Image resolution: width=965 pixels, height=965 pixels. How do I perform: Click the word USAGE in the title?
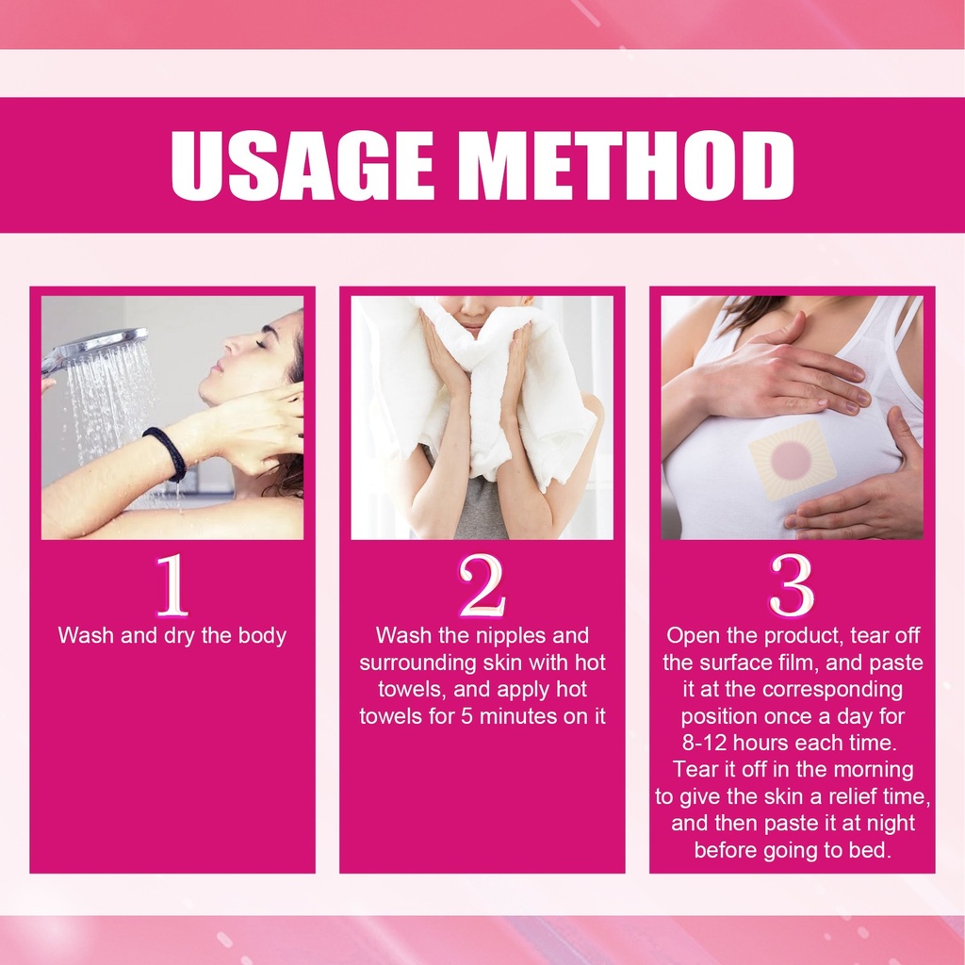[302, 166]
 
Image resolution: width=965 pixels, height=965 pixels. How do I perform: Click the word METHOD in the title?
[627, 166]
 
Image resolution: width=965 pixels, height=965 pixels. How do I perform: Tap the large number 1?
[172, 584]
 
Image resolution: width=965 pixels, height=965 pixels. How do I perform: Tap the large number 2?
[482, 584]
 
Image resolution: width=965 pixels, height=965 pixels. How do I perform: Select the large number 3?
[792, 584]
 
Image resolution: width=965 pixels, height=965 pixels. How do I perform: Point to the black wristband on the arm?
[165, 453]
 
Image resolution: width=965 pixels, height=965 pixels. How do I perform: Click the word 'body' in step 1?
[262, 636]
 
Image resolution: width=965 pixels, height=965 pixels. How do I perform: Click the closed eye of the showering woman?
[261, 344]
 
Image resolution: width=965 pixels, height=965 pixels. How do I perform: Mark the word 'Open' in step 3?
[693, 636]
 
